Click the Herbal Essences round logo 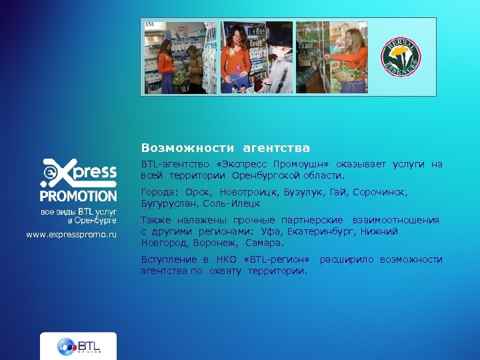pos(401,57)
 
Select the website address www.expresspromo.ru pos(71,235)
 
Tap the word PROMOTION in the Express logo pos(78,196)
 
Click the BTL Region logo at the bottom pos(78,346)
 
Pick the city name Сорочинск pos(378,192)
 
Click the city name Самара pos(264,243)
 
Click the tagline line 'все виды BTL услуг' pos(79,211)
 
